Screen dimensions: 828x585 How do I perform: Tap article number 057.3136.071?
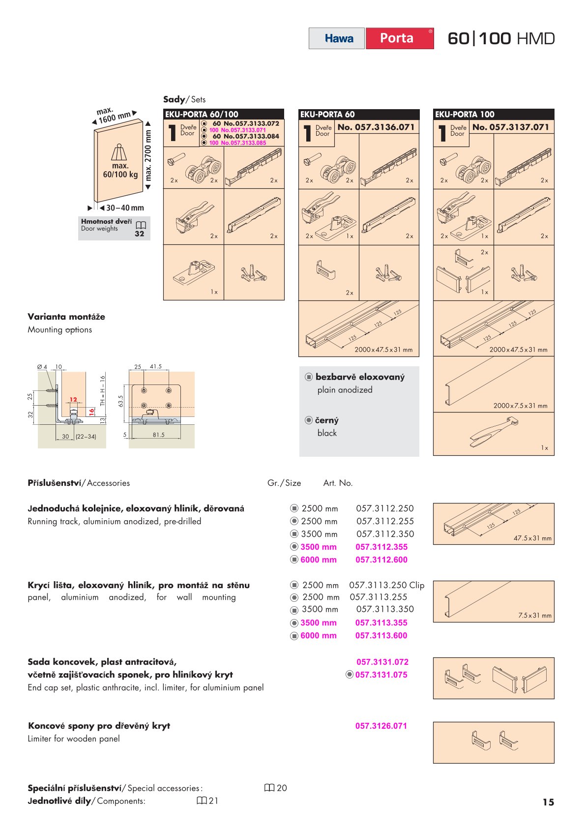click(x=376, y=127)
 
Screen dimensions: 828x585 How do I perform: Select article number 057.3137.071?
click(x=511, y=127)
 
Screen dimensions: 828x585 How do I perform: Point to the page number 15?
click(x=548, y=802)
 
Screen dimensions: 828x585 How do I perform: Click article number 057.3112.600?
click(x=381, y=560)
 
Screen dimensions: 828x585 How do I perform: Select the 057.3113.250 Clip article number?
click(x=386, y=585)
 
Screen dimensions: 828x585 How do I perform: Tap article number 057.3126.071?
click(x=381, y=726)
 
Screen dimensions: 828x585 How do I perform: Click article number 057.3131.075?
click(x=381, y=675)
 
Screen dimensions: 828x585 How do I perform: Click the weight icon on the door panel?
click(x=119, y=152)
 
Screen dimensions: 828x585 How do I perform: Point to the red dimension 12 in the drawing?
click(x=73, y=400)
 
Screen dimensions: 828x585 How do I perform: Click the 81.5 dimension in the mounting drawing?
click(x=158, y=435)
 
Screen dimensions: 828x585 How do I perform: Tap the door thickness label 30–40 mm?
click(x=125, y=208)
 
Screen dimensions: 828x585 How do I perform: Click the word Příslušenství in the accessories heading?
click(x=54, y=483)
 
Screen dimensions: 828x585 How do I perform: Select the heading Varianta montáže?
click(x=66, y=317)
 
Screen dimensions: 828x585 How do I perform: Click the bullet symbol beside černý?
click(x=309, y=420)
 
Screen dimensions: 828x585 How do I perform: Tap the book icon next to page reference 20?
click(x=269, y=788)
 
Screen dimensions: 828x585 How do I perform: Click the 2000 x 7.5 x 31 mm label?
click(x=520, y=406)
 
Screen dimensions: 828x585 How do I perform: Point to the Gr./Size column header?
click(x=284, y=483)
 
